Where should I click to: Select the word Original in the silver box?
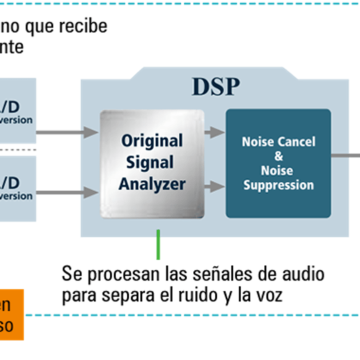click(152, 141)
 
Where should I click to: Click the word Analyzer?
click(152, 184)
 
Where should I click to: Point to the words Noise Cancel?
click(278, 142)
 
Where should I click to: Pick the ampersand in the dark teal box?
click(279, 156)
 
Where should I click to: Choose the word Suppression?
click(278, 185)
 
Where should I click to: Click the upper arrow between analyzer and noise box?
click(215, 132)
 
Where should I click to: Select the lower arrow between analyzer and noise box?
click(215, 187)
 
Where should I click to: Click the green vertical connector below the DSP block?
click(158, 245)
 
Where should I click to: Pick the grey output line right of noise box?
click(345, 156)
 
